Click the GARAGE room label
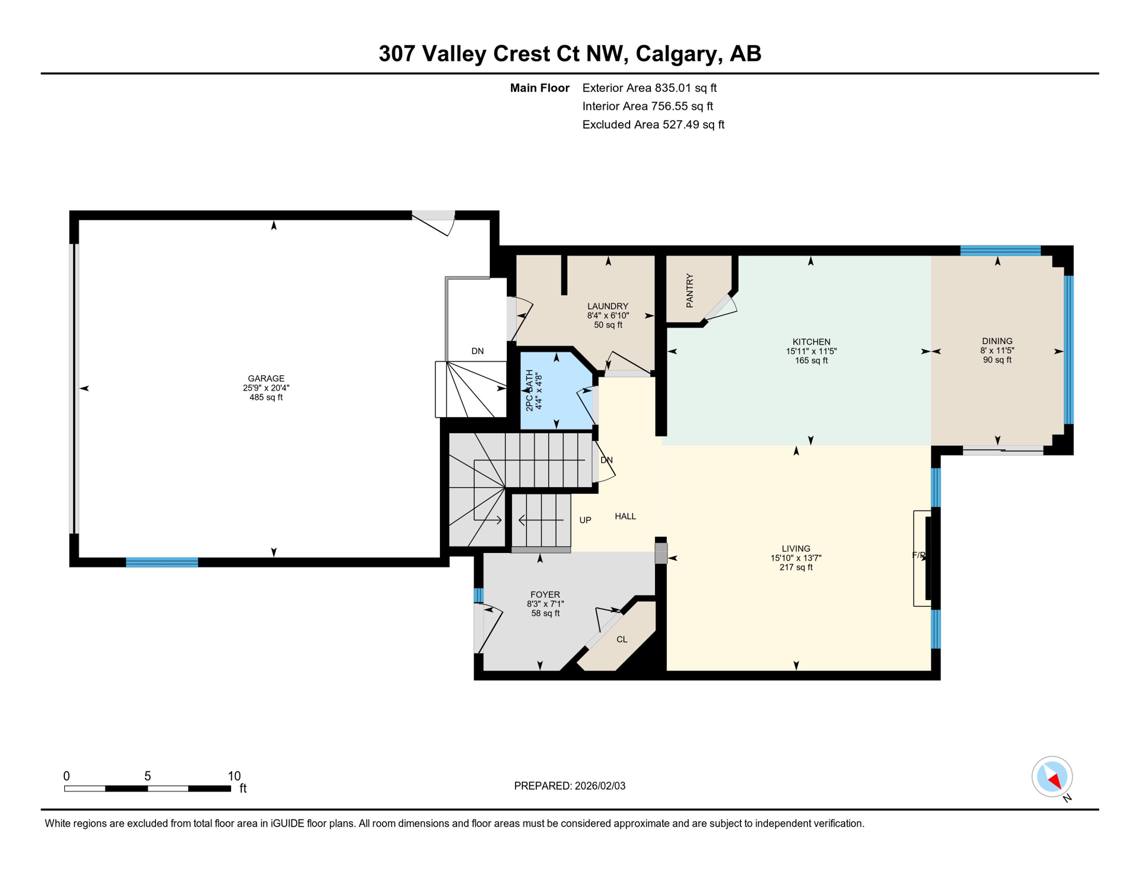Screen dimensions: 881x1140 (266, 379)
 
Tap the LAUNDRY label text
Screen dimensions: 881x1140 (608, 306)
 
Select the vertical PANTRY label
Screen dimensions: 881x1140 (689, 291)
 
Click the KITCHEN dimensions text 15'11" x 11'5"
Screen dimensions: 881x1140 (811, 351)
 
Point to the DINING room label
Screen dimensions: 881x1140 (997, 341)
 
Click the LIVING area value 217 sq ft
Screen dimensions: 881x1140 (796, 567)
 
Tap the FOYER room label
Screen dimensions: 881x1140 (545, 595)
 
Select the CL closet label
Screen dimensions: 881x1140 (622, 640)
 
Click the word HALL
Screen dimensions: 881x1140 (625, 516)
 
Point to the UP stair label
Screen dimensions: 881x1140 (585, 520)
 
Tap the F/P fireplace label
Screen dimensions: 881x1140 (919, 555)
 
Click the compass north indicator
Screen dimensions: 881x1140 (1052, 778)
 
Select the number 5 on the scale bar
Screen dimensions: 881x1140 (147, 776)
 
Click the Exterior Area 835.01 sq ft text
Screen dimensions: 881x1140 (649, 88)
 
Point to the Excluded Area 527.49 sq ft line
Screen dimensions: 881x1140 (653, 124)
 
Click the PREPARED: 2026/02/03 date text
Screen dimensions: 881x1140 (569, 786)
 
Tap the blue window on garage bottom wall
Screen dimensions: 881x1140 (162, 562)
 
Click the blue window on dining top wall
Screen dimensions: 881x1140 (1000, 250)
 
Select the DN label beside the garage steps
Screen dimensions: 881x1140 (477, 351)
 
